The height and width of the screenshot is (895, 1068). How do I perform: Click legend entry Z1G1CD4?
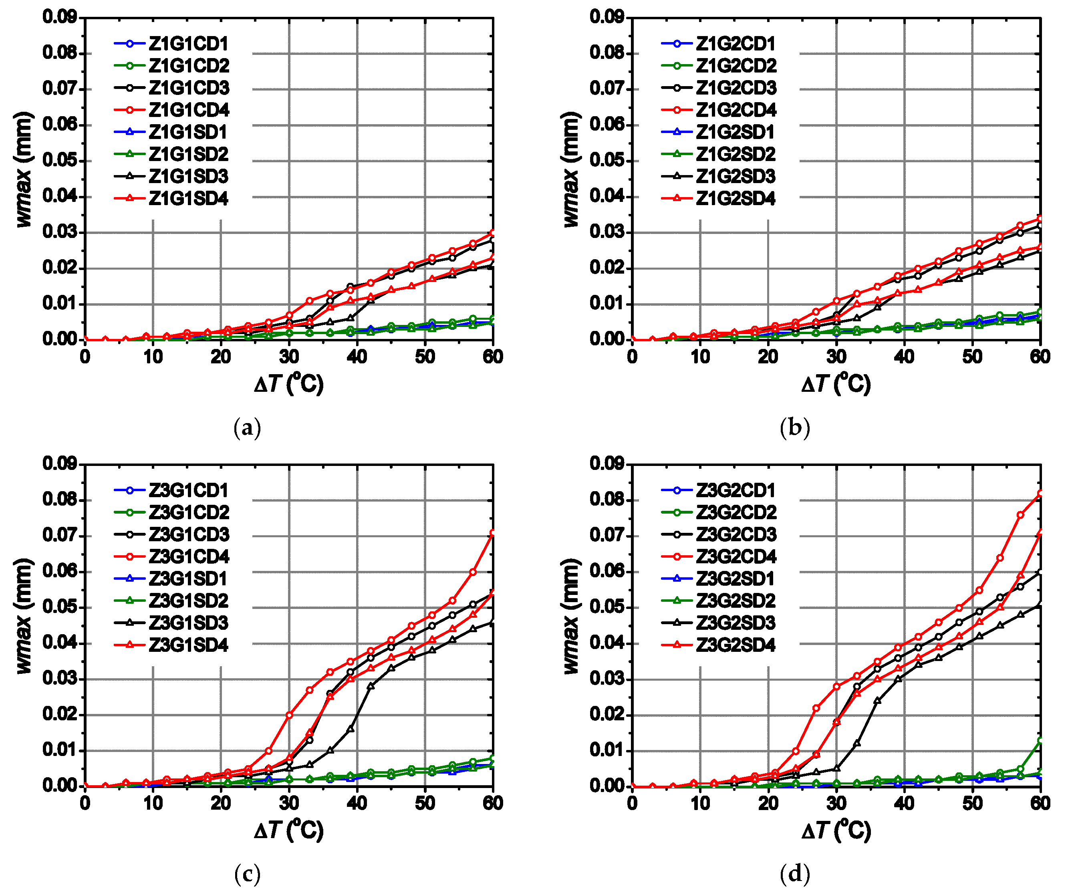pos(188,110)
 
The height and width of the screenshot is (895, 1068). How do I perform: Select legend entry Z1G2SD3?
pos(736,176)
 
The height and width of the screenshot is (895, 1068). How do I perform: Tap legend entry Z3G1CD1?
pos(188,490)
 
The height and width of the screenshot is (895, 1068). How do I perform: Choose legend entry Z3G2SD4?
pos(736,645)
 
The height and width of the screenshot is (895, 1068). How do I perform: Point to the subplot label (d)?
pos(794,874)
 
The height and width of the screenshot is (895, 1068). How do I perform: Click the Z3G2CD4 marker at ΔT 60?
pos(1040,493)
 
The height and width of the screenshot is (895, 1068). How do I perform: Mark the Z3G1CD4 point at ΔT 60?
pos(493,533)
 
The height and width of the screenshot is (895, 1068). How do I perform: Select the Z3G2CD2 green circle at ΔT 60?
pos(1040,740)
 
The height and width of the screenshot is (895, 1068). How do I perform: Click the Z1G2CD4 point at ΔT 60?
pos(1040,218)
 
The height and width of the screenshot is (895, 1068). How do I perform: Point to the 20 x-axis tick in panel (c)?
pos(221,804)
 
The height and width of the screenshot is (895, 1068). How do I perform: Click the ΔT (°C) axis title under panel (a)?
pos(289,383)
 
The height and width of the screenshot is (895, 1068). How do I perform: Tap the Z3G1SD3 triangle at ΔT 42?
pos(371,686)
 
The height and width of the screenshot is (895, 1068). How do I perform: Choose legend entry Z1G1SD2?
pos(188,154)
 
